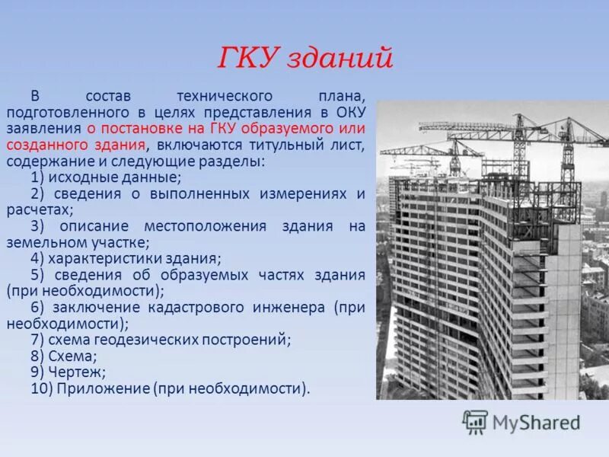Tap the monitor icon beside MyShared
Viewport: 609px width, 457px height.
coord(476,422)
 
